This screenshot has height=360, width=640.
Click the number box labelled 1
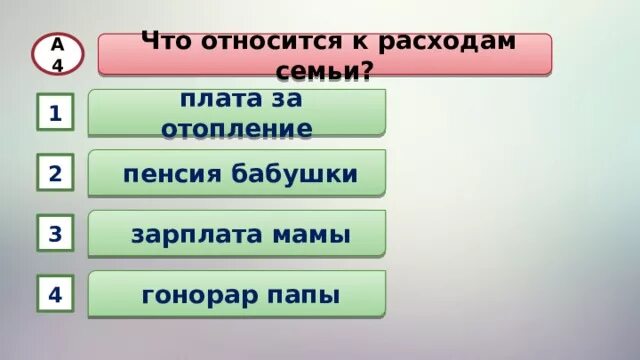click(x=55, y=114)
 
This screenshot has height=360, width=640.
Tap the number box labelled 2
click(x=55, y=174)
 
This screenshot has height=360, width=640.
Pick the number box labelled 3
click(x=55, y=235)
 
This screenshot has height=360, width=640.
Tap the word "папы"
click(x=302, y=297)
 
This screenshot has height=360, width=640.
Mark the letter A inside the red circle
click(x=58, y=44)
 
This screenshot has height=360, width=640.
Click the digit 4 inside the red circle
click(x=58, y=63)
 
